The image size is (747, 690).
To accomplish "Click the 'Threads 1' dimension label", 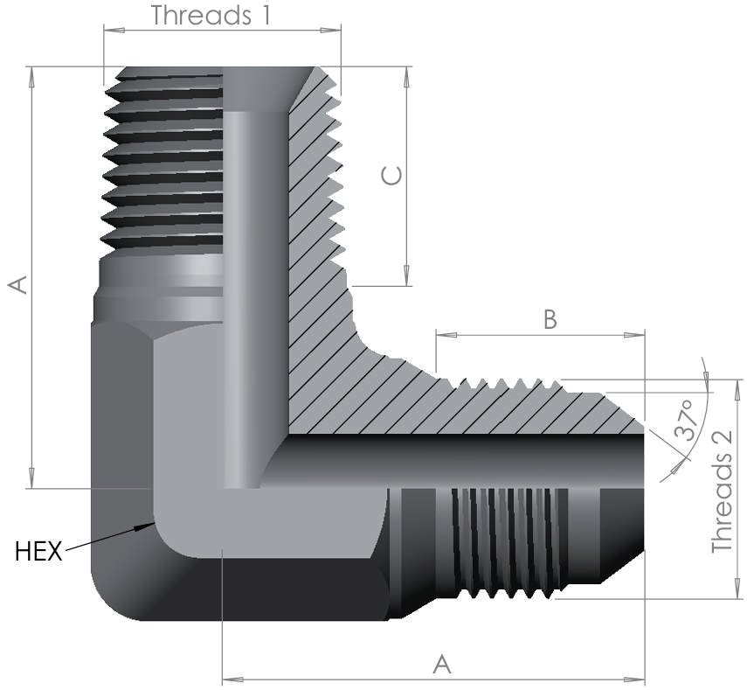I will click(210, 15).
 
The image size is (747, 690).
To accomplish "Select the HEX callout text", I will click(38, 552).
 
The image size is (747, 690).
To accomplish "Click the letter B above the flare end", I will click(550, 320).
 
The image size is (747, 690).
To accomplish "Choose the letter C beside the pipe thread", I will click(392, 176).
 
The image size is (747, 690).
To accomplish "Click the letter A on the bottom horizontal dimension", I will click(442, 665).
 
